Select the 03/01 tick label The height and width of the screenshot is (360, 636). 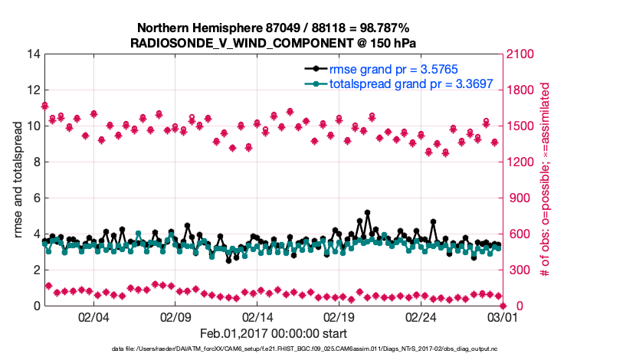(x=502, y=317)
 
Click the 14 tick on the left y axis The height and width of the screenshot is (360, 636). (x=33, y=54)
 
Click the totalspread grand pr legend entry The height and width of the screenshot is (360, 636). (x=410, y=84)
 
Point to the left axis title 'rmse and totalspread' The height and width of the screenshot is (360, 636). (x=18, y=179)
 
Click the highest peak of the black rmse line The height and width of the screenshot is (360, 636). (x=368, y=212)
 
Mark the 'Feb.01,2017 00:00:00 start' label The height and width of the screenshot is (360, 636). (x=274, y=333)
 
